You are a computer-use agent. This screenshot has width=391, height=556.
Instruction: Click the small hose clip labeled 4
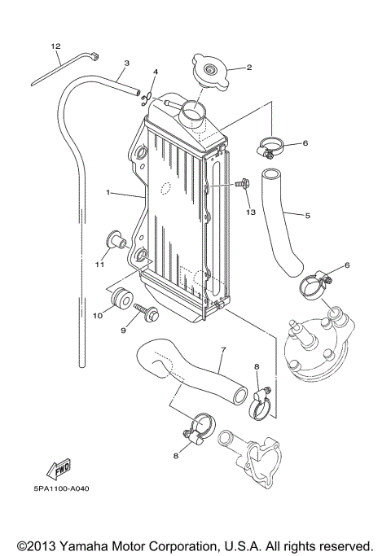pos(147,99)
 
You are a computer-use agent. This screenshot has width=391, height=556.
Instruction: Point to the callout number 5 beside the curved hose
pos(307,216)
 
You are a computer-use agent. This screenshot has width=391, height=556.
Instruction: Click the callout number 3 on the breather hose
pos(127,63)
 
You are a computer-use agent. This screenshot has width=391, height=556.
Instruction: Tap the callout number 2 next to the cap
pos(248,68)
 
